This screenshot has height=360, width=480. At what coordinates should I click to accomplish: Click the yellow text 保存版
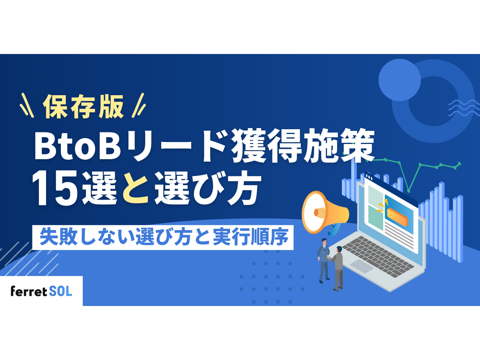(x=83, y=107)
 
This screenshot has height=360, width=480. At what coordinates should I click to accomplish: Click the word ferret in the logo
(x=29, y=291)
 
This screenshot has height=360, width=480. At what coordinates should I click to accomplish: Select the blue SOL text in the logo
(x=61, y=291)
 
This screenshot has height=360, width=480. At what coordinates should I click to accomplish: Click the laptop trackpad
(x=362, y=267)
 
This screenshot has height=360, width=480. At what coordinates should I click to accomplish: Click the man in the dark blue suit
(x=323, y=260)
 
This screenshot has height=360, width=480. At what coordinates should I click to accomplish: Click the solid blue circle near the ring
(x=399, y=80)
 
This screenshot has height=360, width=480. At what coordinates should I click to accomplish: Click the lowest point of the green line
(x=408, y=190)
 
